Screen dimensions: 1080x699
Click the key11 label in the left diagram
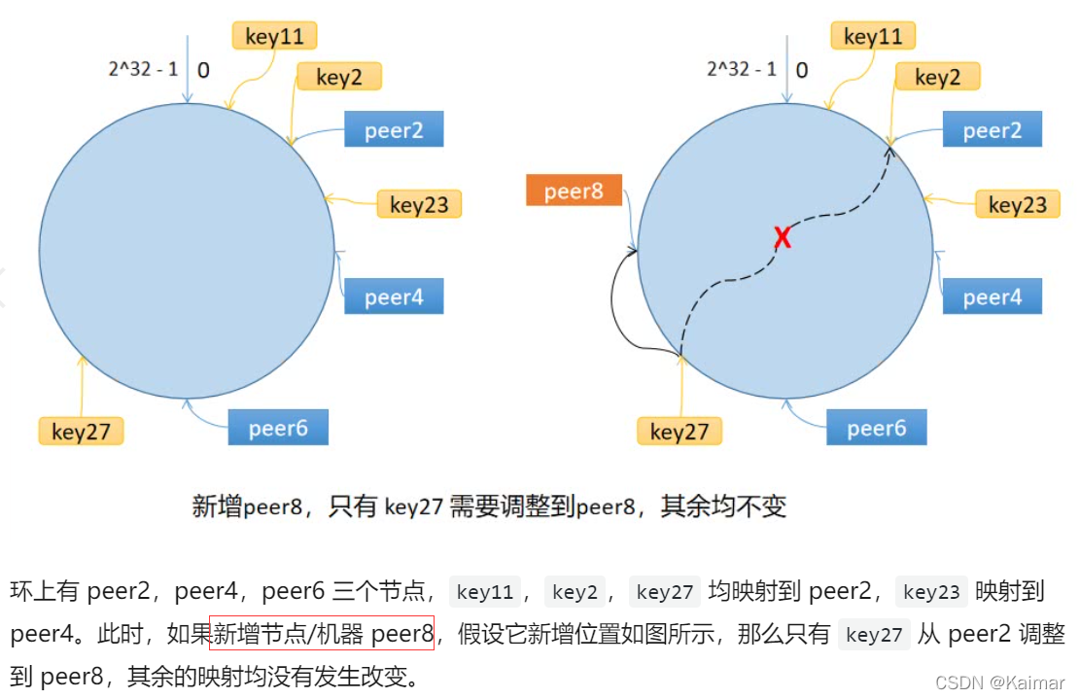pos(274,37)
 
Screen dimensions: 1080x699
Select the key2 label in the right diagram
pos(937,77)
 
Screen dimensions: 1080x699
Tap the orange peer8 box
pos(574,191)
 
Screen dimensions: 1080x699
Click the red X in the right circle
pos(782,236)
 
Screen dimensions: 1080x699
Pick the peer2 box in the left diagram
pos(394,129)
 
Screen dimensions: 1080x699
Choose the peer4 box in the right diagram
pos(992,297)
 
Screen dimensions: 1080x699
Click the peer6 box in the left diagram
pos(278,428)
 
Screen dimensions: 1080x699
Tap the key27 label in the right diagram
pos(679,432)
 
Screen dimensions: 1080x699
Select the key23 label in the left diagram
pos(419,204)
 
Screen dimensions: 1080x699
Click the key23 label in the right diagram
pos(1017,204)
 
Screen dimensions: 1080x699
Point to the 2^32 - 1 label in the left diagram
pos(142,69)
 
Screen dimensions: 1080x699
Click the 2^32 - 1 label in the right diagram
pos(741,69)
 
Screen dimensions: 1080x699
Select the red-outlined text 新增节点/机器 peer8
pos(322,634)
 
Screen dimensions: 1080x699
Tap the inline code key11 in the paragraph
pos(485,591)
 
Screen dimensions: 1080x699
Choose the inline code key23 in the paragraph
pos(931,591)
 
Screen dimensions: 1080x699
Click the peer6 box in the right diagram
pos(876,428)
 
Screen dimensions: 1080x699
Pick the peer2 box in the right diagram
pos(992,129)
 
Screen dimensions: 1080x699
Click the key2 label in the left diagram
pos(338,77)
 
